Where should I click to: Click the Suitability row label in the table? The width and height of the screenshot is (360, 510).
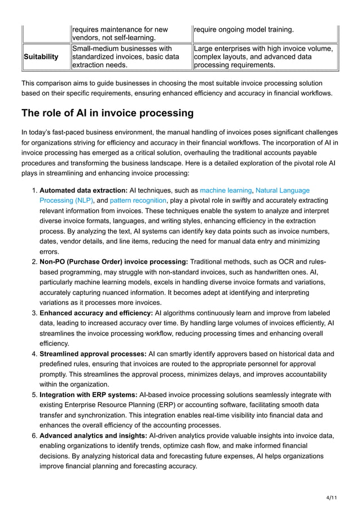(41, 57)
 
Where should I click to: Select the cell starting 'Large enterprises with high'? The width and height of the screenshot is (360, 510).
(263, 57)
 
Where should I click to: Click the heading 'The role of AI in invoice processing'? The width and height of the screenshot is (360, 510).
(107, 113)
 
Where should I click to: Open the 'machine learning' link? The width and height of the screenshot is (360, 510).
(226, 191)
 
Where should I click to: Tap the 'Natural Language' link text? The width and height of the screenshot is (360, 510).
(282, 191)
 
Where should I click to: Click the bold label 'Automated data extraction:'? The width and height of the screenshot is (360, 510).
(84, 191)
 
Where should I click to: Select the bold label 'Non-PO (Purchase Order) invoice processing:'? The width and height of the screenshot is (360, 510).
(113, 261)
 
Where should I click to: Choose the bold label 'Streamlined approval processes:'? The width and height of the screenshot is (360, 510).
(92, 354)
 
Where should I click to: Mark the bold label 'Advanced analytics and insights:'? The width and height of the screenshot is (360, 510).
(93, 435)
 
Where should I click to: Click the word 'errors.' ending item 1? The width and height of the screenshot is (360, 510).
(49, 251)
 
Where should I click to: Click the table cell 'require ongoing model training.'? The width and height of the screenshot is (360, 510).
(243, 29)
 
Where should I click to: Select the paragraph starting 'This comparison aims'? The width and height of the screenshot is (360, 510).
(176, 88)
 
